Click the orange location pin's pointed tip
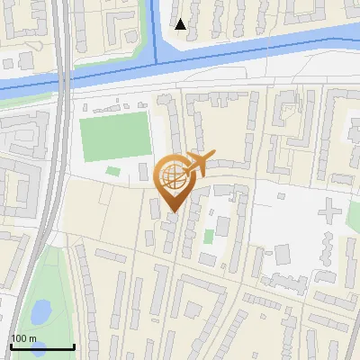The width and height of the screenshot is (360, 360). pyautogui.click(x=175, y=211)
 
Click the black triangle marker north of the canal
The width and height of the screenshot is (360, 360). pyautogui.click(x=181, y=23)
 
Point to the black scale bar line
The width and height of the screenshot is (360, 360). pyautogui.click(x=41, y=347)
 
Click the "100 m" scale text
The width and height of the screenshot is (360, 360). pyautogui.click(x=24, y=338)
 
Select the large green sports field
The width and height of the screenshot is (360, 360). pyautogui.click(x=115, y=137)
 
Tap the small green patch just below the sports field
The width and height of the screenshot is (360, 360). pyautogui.click(x=112, y=170)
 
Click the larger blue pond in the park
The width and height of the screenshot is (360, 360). pyautogui.click(x=40, y=311)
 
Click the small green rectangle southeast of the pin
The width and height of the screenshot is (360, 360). pyautogui.click(x=208, y=237)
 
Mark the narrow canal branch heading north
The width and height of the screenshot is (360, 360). pyautogui.click(x=154, y=27)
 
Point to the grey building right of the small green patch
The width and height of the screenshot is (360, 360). pyautogui.click(x=144, y=172)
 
